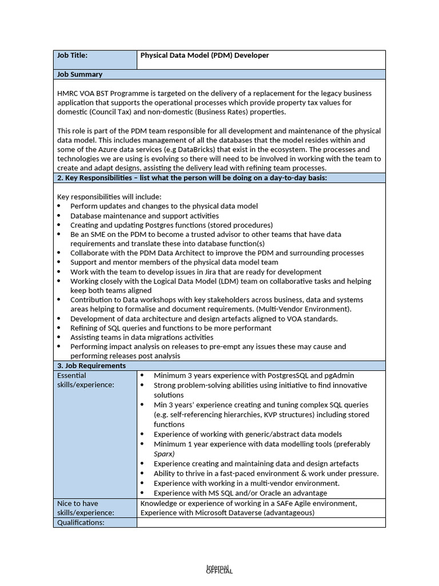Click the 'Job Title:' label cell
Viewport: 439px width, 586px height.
[72, 56]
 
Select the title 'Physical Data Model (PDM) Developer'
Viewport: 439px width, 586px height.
[205, 56]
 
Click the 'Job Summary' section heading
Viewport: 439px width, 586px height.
[80, 74]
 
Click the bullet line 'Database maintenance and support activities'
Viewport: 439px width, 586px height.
[144, 216]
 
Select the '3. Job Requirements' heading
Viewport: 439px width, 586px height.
[91, 366]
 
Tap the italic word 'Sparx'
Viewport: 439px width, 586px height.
[164, 454]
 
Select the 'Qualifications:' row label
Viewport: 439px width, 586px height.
[81, 522]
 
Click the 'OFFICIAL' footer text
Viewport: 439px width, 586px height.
[219, 571]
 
